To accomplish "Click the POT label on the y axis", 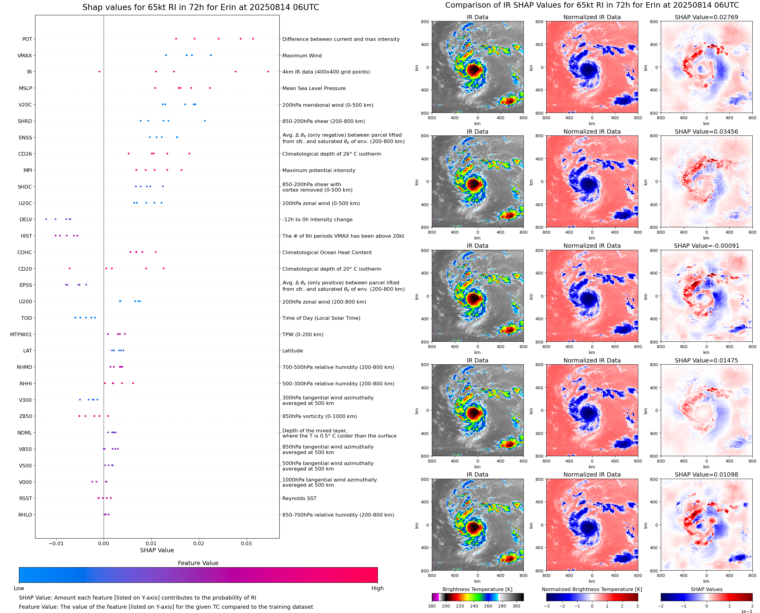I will click(27, 39).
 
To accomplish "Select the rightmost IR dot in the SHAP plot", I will click(268, 72).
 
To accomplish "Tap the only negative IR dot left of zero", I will click(99, 72).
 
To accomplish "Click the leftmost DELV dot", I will click(46, 219).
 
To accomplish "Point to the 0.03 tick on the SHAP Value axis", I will click(246, 543).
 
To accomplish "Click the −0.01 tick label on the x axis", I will click(56, 543).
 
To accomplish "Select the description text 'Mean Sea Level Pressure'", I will click(313, 88).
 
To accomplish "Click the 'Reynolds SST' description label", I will click(299, 498).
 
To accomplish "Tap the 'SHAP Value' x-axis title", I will click(157, 550).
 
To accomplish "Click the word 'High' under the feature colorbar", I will click(377, 588).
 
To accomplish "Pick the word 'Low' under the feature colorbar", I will click(19, 588).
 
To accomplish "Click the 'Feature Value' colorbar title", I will click(198, 563).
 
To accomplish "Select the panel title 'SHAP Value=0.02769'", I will click(706, 17).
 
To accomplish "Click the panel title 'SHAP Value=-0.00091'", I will click(706, 246).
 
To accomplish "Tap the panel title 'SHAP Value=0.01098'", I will click(706, 474).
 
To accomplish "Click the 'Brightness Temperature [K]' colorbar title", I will click(477, 589).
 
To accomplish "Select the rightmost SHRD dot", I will click(205, 121).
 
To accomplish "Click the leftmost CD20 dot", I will click(70, 269).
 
